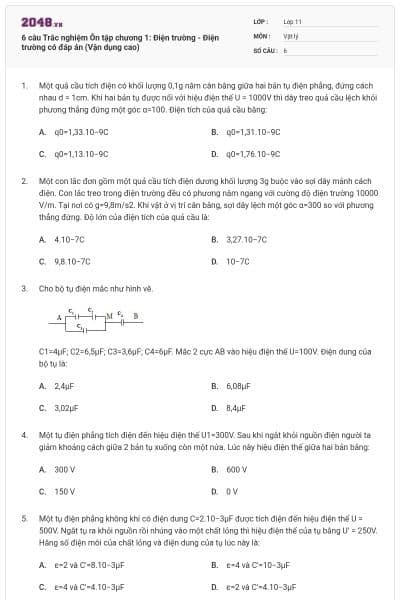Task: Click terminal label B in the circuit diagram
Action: tap(136, 316)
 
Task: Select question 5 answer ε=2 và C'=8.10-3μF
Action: tap(89, 565)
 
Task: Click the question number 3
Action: tap(23, 289)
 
